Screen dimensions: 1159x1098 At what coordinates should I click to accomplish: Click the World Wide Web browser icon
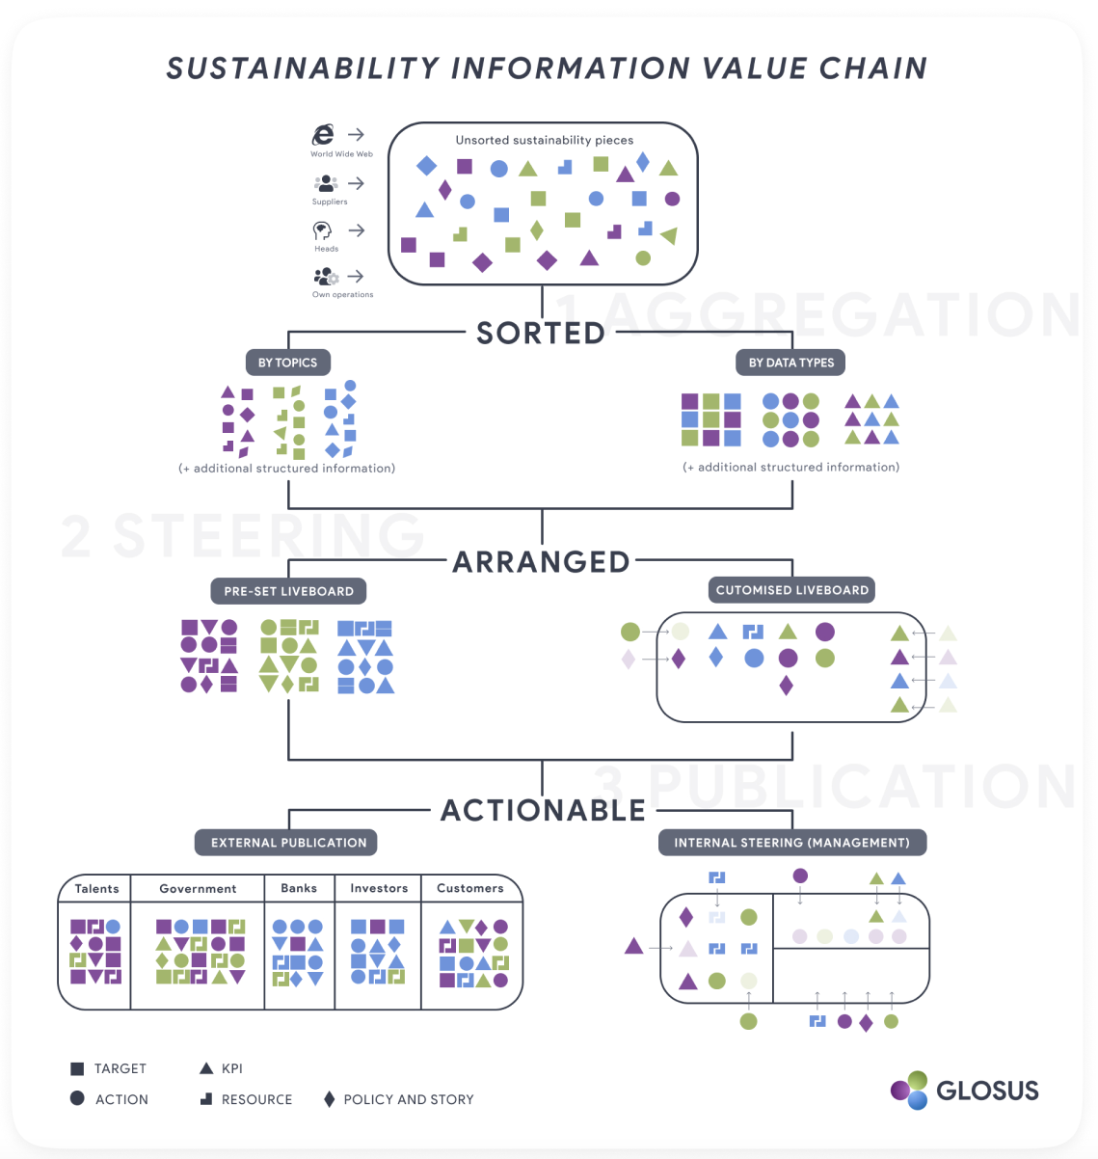coord(324,135)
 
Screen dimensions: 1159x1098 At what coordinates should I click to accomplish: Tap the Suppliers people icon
coord(326,182)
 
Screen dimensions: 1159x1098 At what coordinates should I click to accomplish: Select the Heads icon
coord(322,230)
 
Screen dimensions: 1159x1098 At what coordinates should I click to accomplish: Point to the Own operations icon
coord(326,277)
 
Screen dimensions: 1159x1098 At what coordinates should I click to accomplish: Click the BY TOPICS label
coord(287,363)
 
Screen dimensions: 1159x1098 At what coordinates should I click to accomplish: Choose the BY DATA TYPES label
coord(791,363)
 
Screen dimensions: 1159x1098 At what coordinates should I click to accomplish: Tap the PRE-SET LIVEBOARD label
coord(288,591)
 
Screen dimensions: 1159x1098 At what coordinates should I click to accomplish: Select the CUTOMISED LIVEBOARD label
coord(791,590)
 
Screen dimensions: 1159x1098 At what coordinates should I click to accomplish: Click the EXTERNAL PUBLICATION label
coord(288,843)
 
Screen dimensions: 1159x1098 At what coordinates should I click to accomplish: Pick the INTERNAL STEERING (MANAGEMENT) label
coord(791,843)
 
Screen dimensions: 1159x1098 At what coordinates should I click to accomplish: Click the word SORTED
coord(541,334)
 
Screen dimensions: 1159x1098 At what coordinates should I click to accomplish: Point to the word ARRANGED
coord(541,562)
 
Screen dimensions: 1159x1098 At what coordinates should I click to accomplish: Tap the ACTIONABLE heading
coord(543,811)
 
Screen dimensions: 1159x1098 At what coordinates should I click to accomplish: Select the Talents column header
coord(97,888)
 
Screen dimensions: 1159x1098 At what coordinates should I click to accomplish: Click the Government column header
coord(198,888)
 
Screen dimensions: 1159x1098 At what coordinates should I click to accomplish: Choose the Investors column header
coord(379,888)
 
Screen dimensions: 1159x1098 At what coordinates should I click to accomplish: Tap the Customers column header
coord(470,888)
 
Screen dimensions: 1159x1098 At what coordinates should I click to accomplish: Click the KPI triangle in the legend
coord(205,1068)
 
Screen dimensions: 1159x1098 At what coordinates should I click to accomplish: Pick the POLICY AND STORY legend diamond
coord(330,1099)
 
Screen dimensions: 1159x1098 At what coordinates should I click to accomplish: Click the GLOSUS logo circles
coord(909,1091)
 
